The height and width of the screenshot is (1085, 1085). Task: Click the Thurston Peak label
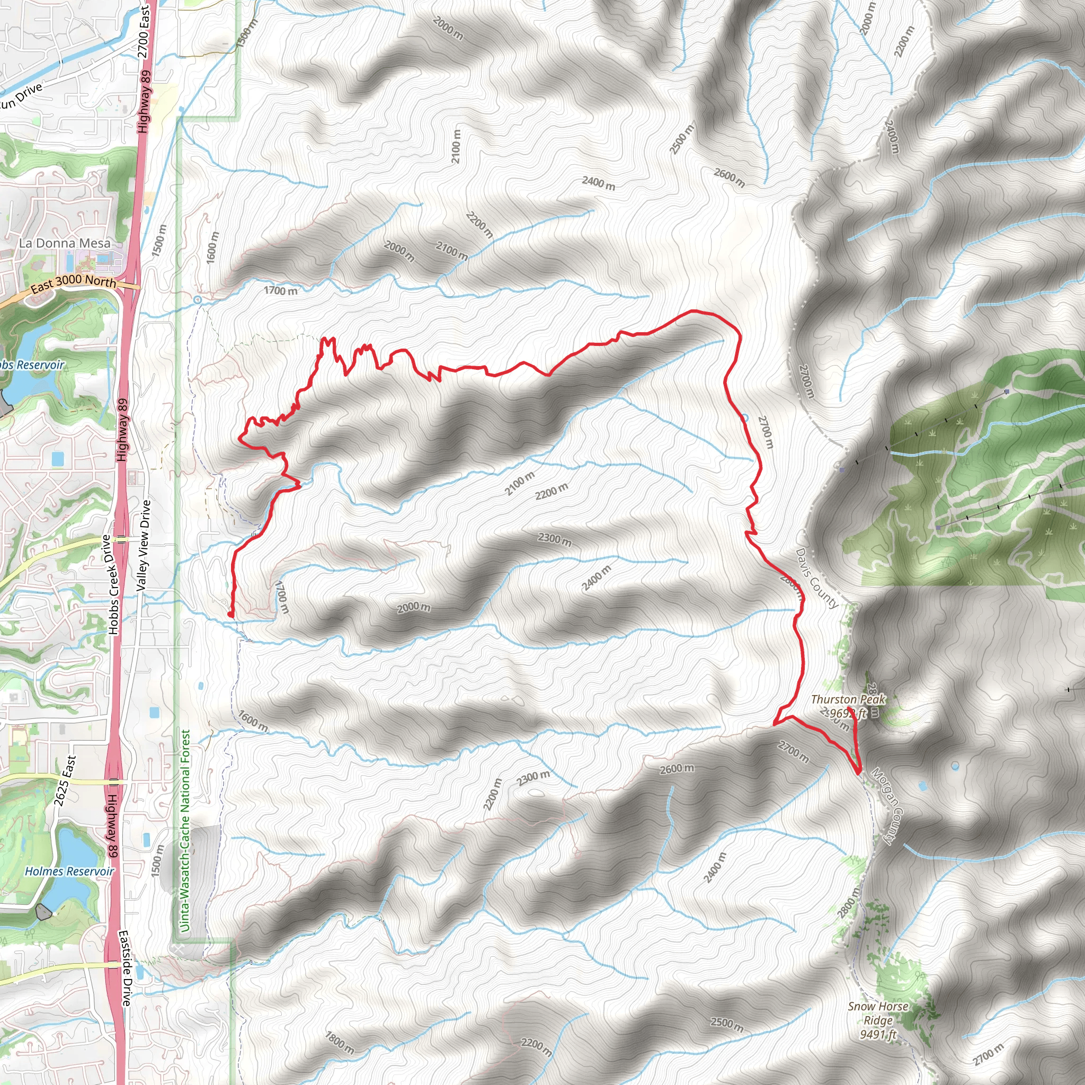(x=848, y=700)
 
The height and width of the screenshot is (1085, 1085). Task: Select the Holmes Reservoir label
(x=69, y=871)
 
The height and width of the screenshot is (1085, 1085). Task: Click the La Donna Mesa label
(x=65, y=243)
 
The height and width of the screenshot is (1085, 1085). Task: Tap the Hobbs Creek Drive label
(x=111, y=584)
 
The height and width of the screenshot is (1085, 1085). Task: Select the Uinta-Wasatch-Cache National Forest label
(x=185, y=831)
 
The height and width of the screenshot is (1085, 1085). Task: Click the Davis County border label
(x=816, y=579)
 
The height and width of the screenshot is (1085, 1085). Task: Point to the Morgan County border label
(x=889, y=806)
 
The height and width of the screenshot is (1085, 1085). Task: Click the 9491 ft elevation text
(x=878, y=1034)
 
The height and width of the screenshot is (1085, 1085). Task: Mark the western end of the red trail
(x=231, y=615)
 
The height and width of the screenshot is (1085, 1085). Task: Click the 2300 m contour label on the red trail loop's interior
(x=555, y=540)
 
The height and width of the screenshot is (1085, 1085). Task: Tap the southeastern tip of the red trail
(x=860, y=773)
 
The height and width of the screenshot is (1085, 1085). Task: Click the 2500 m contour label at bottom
(x=727, y=1022)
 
